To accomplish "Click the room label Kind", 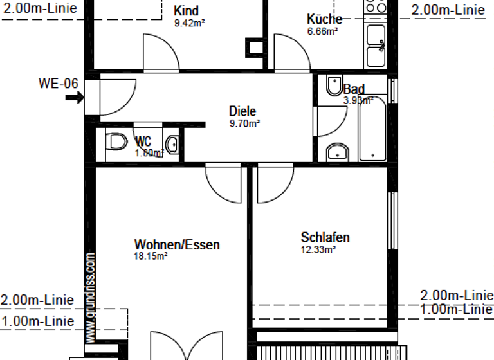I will [186, 11].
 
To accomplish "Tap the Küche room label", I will [324, 19].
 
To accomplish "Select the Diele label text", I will [242, 111].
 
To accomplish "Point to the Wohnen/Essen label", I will [177, 245].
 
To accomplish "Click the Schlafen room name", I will [325, 238].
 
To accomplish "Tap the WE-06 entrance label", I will [59, 84].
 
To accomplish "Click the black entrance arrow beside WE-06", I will [74, 98].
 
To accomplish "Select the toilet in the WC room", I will [116, 141].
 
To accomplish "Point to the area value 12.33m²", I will [318, 249].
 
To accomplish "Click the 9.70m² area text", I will [244, 123].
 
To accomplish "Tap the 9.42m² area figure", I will [189, 23].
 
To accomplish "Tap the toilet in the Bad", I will [334, 85].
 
